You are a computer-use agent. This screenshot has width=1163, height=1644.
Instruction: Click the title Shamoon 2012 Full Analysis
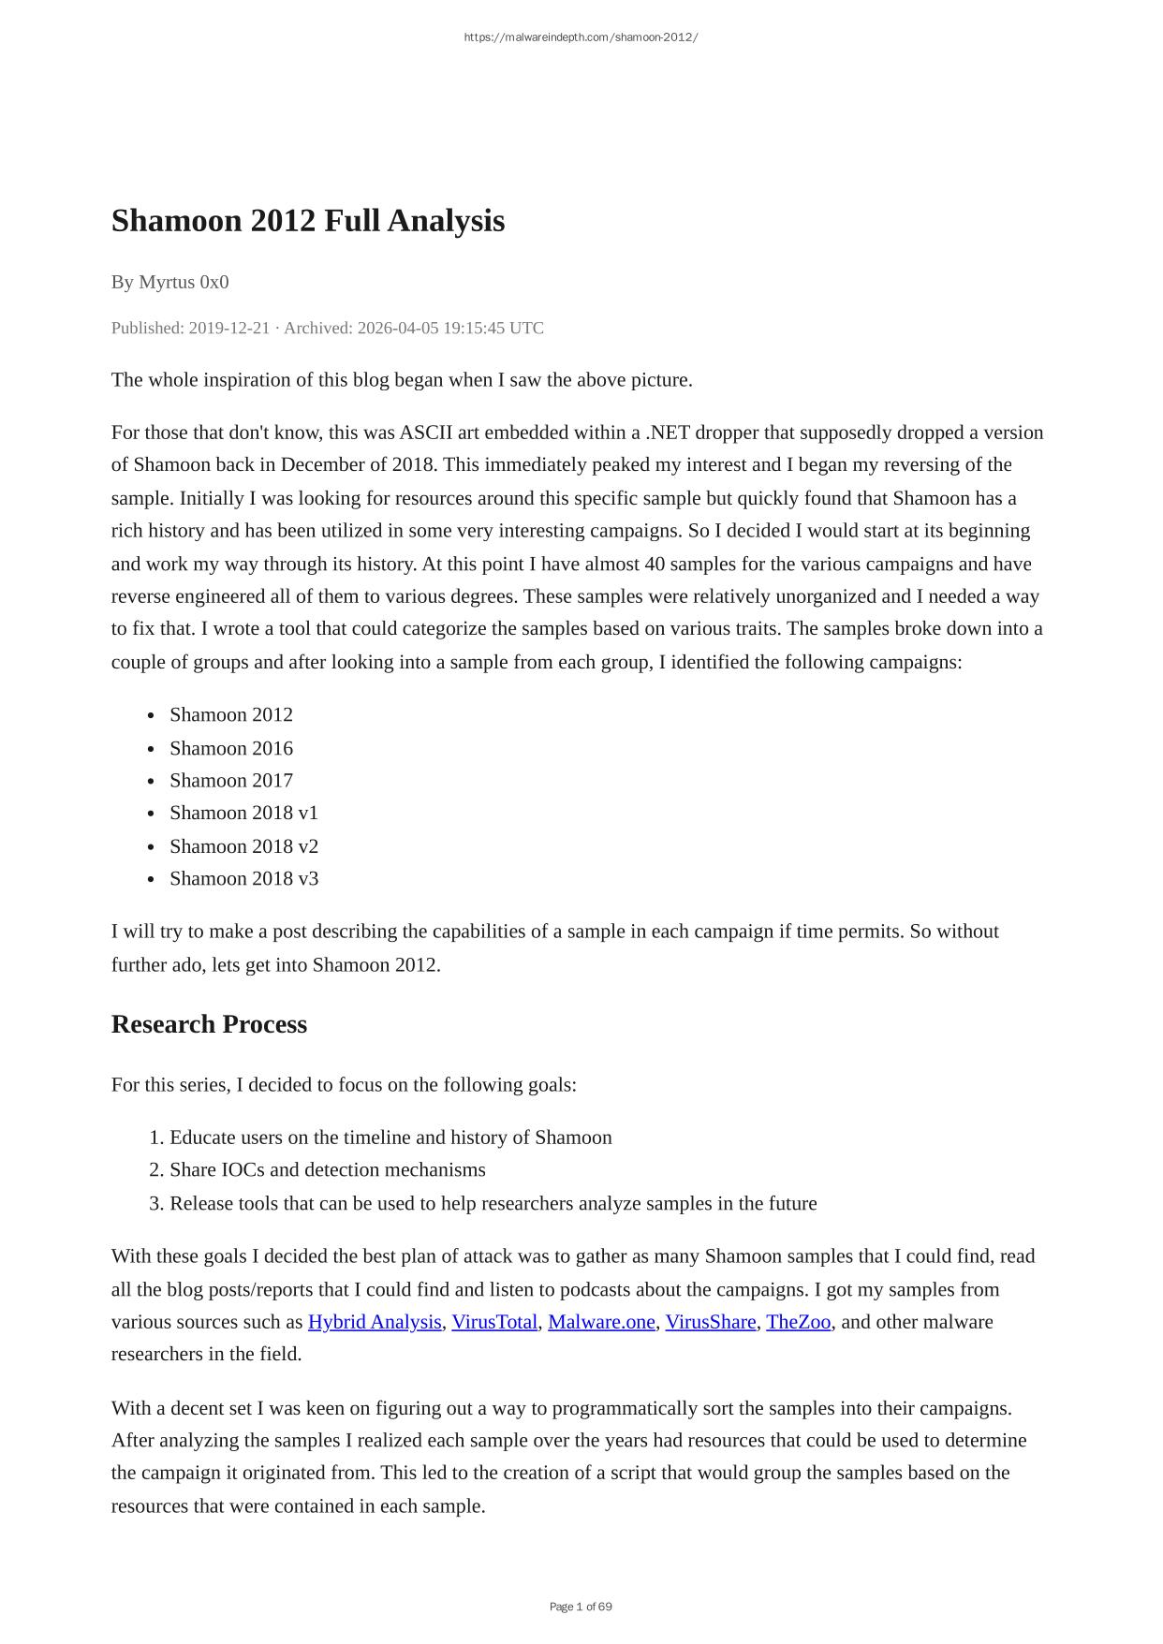[x=307, y=221]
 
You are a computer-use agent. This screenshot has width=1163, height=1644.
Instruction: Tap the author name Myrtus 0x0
[x=184, y=282]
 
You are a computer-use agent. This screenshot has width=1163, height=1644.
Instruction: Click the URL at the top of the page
[x=581, y=37]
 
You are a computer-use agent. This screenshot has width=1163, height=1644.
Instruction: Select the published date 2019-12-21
[x=228, y=328]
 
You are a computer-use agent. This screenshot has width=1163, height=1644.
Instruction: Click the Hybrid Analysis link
[x=374, y=1322]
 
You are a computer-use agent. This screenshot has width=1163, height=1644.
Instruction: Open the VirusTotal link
[x=494, y=1322]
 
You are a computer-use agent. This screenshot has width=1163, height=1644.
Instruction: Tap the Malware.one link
[x=601, y=1322]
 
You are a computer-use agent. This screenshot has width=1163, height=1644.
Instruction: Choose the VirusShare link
[x=710, y=1322]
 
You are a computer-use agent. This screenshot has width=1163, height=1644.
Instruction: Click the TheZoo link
[x=798, y=1322]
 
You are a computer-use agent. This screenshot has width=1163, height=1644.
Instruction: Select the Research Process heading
[x=209, y=1024]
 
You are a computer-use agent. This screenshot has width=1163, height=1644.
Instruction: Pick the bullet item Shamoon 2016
[x=230, y=748]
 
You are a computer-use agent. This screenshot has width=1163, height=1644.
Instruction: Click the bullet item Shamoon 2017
[x=230, y=781]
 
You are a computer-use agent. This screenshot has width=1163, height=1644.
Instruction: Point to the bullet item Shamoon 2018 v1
[x=243, y=813]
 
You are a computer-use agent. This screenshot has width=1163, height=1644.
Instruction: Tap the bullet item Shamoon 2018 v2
[x=243, y=846]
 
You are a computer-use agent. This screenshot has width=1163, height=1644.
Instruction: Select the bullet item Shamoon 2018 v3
[x=243, y=878]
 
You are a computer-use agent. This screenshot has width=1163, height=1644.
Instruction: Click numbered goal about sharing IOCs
[x=327, y=1170]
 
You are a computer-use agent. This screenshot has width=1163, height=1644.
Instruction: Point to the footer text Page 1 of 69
[x=581, y=1607]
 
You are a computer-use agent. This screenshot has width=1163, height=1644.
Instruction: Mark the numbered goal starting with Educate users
[x=390, y=1138]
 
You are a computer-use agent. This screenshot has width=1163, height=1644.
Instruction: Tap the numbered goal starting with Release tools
[x=493, y=1203]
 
